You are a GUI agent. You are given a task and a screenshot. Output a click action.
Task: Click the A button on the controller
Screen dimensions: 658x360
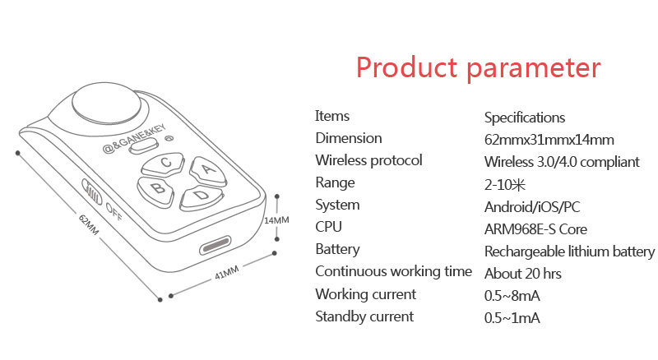tap(208, 171)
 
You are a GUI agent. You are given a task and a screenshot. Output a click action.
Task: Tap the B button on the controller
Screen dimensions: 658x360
tap(155, 191)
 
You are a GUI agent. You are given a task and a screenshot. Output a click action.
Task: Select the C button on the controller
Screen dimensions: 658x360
tap(163, 164)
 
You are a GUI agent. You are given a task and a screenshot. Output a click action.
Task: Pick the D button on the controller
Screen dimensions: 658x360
tap(201, 197)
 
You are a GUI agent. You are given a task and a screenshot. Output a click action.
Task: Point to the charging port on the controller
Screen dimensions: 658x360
tap(215, 245)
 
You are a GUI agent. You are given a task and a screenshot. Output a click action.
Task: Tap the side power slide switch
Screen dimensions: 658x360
tap(92, 192)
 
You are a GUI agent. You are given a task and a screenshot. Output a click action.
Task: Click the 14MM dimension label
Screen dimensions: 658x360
tap(276, 219)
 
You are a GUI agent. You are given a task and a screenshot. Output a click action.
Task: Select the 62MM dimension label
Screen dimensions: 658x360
tap(89, 224)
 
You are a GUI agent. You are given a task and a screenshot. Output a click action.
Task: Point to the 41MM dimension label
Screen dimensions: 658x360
tap(227, 272)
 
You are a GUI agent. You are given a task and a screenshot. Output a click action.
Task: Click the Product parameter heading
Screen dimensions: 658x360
tap(479, 68)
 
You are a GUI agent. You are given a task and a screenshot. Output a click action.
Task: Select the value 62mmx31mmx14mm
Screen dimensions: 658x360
tap(549, 140)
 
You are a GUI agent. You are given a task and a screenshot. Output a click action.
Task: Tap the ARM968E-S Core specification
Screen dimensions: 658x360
tap(535, 229)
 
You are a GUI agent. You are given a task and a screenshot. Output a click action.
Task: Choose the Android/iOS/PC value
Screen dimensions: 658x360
tap(532, 207)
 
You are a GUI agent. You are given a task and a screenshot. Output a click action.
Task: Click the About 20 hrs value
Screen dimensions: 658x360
tap(523, 274)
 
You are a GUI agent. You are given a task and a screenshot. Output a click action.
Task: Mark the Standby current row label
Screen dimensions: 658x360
tap(364, 316)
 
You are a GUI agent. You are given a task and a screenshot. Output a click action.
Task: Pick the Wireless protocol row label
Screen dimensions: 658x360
tap(368, 161)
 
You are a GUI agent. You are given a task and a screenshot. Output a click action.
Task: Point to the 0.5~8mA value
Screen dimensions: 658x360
tap(512, 296)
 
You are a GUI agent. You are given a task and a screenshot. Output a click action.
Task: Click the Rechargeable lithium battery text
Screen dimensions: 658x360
tap(569, 252)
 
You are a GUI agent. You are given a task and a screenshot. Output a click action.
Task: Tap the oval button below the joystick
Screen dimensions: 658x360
tap(144, 146)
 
